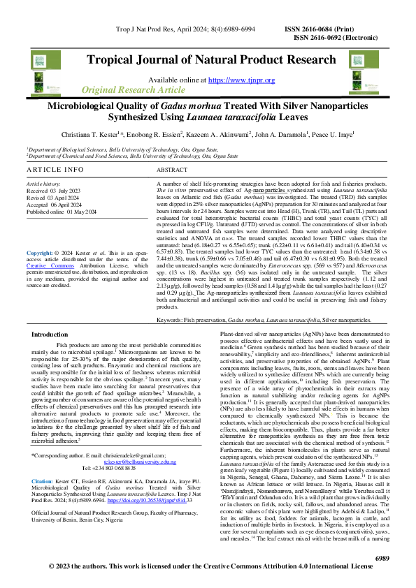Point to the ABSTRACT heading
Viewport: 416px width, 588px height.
pos(172,170)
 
